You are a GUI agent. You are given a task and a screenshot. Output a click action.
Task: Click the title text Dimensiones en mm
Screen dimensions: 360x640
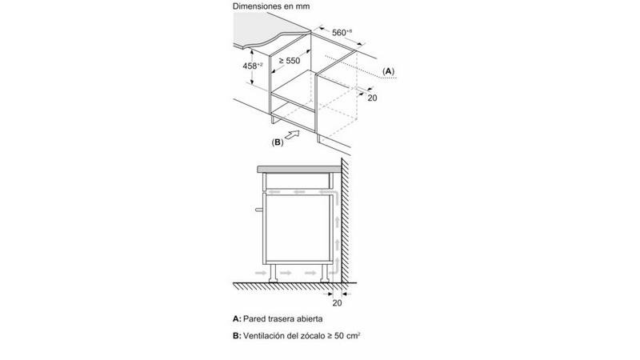270,6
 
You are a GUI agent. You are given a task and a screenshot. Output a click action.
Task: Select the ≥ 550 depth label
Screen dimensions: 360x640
289,60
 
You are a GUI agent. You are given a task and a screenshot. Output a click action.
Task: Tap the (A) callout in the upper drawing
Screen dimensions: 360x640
388,71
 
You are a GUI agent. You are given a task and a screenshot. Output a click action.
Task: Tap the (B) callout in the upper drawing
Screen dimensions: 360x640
278,142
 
